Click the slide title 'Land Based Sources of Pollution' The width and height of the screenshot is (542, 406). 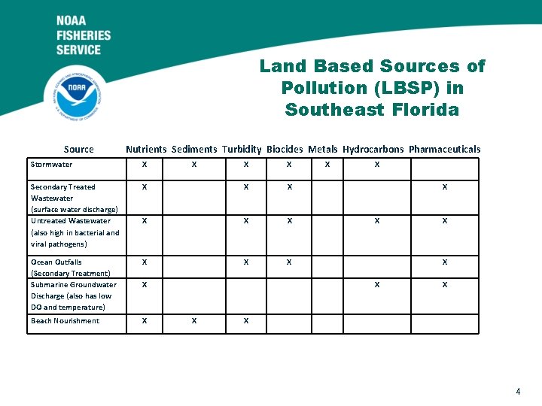[372, 88]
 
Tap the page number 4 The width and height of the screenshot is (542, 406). [518, 391]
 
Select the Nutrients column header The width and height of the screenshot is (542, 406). [146, 149]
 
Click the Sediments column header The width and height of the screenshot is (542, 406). [194, 149]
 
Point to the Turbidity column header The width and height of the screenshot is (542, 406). [242, 149]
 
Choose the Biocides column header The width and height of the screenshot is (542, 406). [285, 149]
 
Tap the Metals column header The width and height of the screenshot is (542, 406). [323, 149]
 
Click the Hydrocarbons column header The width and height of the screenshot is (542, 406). [373, 149]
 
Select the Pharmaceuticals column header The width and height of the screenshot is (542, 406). [444, 149]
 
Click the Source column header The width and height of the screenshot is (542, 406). [79, 149]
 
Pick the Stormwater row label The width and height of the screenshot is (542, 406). [52, 165]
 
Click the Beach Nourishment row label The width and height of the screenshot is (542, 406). [65, 321]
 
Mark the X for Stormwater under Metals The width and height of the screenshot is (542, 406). [327, 165]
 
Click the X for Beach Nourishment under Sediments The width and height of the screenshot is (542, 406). [194, 321]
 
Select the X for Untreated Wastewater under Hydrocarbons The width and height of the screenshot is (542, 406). [377, 221]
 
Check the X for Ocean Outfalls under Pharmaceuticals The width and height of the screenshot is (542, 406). [445, 262]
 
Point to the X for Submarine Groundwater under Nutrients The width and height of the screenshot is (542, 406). [145, 285]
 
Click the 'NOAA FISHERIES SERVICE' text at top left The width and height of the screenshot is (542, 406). [84, 35]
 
